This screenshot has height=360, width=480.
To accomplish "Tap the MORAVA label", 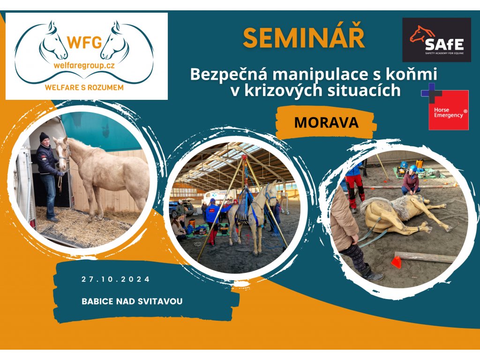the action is coord(326,122).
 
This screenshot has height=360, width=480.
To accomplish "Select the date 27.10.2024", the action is coord(116,279).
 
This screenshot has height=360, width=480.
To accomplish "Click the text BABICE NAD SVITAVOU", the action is coord(132,301).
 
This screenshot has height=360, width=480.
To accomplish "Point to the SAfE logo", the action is coord(436,40).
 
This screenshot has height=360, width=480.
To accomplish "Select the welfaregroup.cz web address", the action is coord(84,66).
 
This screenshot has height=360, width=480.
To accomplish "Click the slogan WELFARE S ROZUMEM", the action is coord(84,88).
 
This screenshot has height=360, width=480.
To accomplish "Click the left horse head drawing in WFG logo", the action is coord(52,41).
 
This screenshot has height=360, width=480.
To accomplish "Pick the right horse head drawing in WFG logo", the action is coord(115,41).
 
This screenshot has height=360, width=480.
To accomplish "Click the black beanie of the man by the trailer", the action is coord(44,136).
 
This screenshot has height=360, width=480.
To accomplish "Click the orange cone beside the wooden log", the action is coord(396,262).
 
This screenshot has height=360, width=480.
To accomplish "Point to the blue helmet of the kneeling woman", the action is coord(413,168).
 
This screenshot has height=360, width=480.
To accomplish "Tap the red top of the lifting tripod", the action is coord(244,157).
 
